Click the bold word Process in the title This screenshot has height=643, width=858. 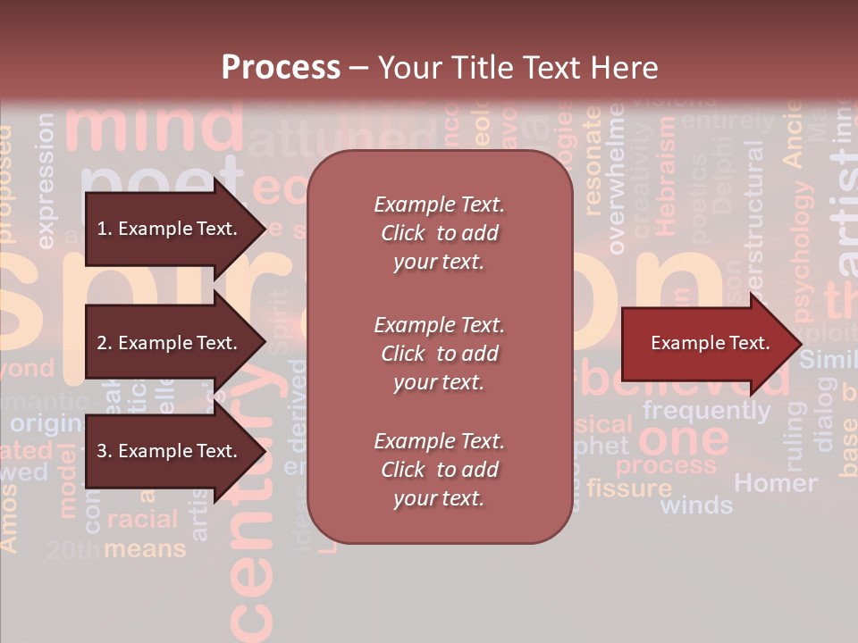[281, 67]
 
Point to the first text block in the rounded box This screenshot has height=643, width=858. [439, 233]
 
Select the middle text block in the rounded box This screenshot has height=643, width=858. [439, 354]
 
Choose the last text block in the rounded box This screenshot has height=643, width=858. [439, 470]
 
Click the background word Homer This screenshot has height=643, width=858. [775, 483]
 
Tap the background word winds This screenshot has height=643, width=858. [696, 505]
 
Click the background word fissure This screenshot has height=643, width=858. [629, 489]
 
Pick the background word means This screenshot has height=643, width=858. [145, 548]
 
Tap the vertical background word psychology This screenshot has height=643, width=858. [803, 251]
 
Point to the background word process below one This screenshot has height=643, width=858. [666, 465]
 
